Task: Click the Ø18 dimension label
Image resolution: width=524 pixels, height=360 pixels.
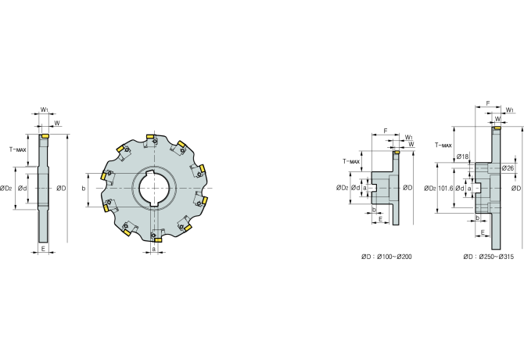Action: click(x=462, y=157)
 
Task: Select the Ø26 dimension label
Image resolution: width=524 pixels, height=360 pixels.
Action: click(x=507, y=168)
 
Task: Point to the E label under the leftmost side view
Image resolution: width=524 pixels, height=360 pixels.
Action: click(x=44, y=249)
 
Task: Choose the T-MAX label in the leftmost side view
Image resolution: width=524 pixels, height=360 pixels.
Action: click(x=17, y=148)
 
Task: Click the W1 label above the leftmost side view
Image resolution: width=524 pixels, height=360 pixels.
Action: click(x=45, y=110)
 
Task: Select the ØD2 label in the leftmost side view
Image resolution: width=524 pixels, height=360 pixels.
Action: click(x=6, y=188)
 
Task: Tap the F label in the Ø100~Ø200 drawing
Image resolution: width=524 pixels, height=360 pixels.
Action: click(x=385, y=130)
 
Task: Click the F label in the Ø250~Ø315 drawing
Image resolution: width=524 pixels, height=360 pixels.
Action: click(x=487, y=102)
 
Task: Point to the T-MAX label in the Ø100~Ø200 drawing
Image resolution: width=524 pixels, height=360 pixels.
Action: click(x=351, y=161)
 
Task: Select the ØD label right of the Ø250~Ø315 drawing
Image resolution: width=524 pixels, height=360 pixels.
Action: click(x=515, y=188)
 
